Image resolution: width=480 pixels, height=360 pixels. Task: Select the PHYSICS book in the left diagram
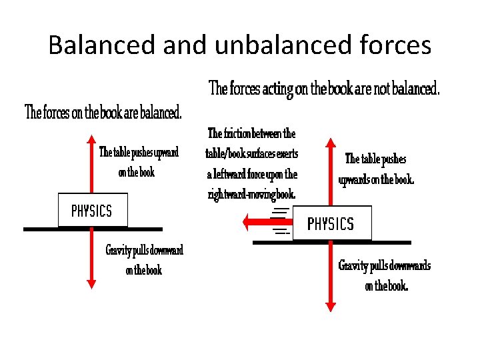92,211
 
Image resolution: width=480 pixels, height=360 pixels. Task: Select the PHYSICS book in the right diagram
331,223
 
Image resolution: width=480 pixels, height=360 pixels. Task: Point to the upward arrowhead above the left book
92,139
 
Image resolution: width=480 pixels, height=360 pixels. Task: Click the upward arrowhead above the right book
331,143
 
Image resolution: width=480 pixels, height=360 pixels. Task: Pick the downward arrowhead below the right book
331,306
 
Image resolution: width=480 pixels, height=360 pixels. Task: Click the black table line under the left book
40,229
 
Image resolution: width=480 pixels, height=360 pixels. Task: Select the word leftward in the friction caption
229,174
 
